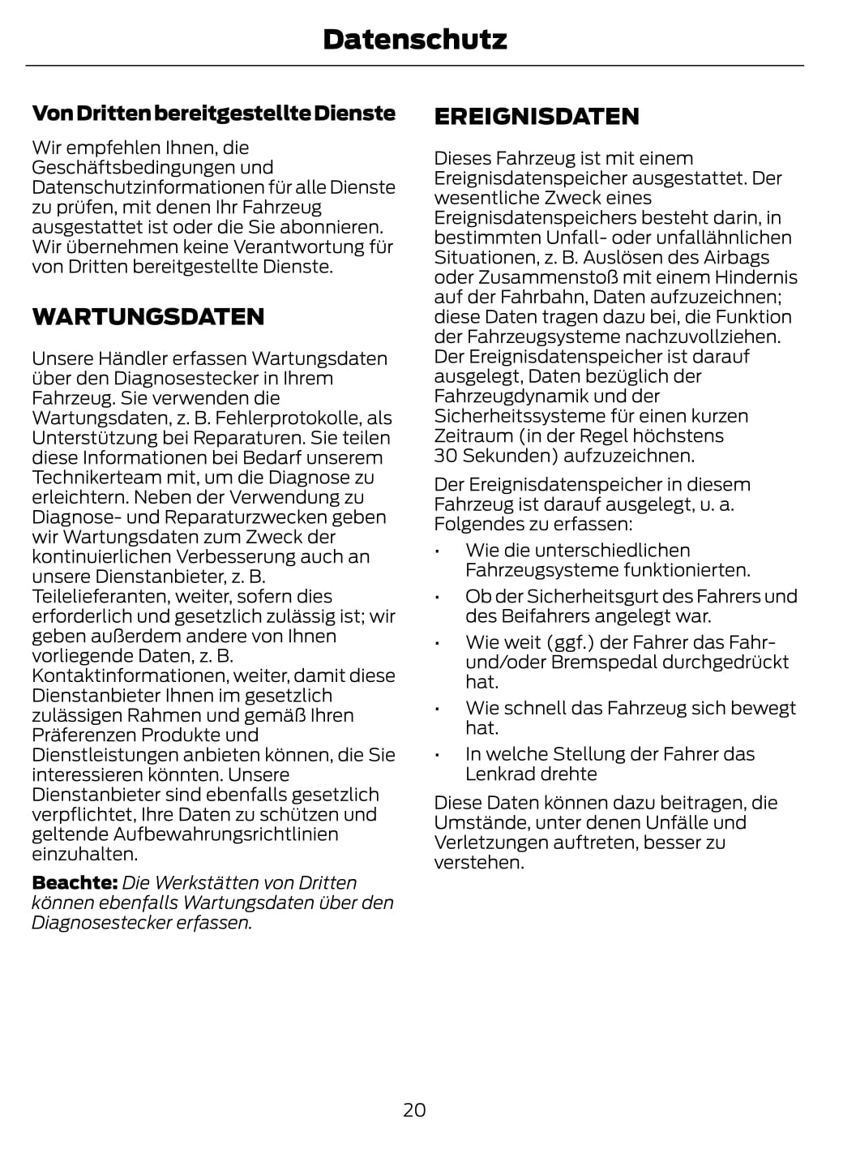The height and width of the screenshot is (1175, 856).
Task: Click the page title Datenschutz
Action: pos(414,39)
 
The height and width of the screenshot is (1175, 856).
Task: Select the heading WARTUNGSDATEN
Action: pos(148,316)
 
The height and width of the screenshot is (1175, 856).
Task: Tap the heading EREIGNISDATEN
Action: pos(537,117)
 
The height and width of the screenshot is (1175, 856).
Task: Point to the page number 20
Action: pos(414,1109)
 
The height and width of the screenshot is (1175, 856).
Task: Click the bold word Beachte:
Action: pos(75,883)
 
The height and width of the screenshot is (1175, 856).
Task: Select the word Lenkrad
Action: pos(494,774)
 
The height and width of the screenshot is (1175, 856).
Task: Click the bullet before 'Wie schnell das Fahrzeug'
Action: pos(437,709)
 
